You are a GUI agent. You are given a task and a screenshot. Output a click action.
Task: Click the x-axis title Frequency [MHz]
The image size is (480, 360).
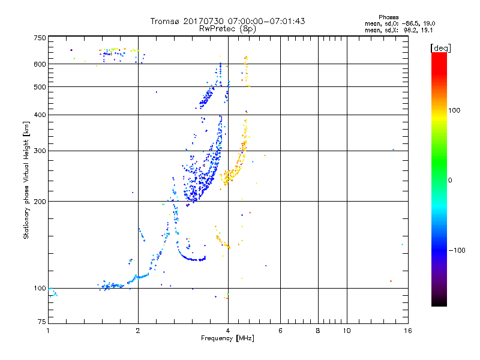[227, 339]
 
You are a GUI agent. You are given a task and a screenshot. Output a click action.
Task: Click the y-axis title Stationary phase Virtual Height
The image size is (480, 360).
[26, 180]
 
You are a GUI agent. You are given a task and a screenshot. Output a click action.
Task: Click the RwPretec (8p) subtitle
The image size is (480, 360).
[227, 28]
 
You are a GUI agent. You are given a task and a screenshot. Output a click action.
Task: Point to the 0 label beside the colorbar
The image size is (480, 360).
[451, 180]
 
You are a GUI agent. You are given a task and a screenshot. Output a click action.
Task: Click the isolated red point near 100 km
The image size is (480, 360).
[391, 281]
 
